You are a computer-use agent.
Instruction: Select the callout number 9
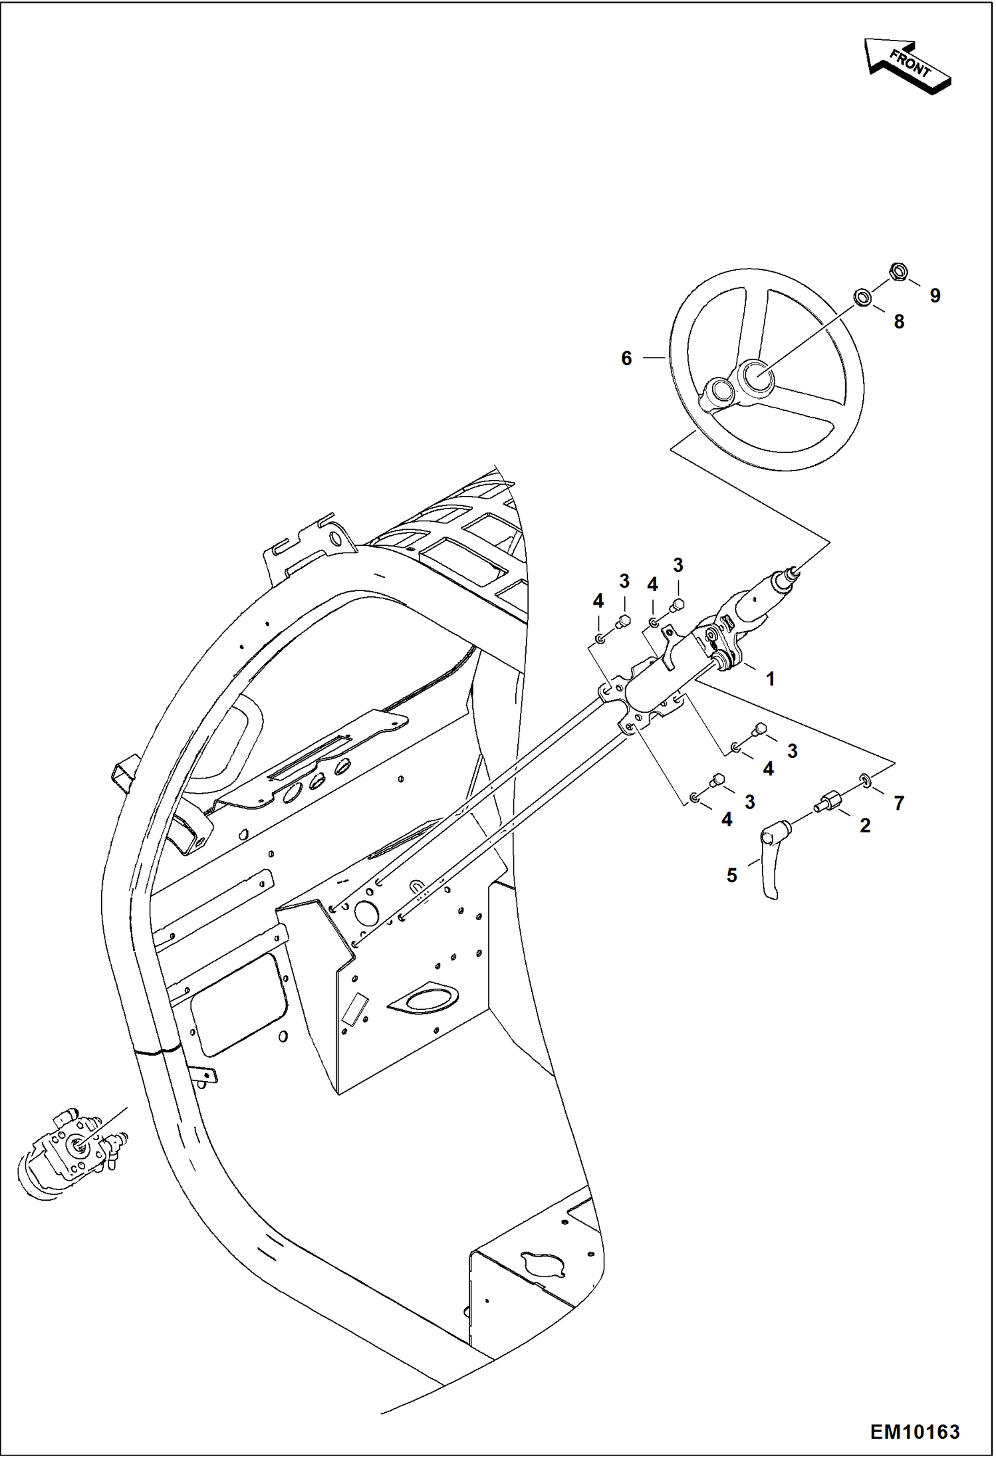click(935, 296)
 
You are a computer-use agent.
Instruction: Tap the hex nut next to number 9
click(898, 271)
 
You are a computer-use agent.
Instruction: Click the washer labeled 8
click(862, 297)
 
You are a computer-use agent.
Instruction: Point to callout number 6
click(626, 358)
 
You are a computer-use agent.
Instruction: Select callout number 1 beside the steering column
click(770, 679)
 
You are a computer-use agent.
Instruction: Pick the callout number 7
click(898, 803)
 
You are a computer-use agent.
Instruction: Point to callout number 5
click(731, 876)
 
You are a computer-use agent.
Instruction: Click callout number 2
click(864, 826)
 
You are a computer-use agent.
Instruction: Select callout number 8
click(898, 322)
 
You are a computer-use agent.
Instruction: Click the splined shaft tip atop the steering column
click(793, 570)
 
